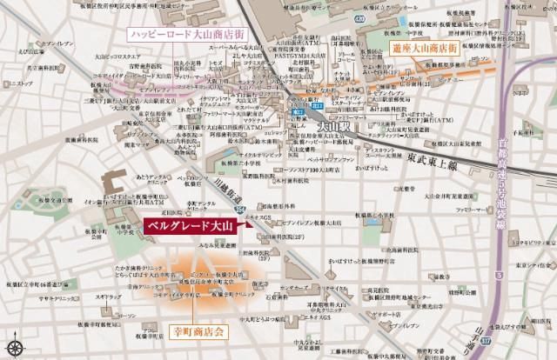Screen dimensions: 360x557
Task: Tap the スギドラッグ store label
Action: [108, 297]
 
